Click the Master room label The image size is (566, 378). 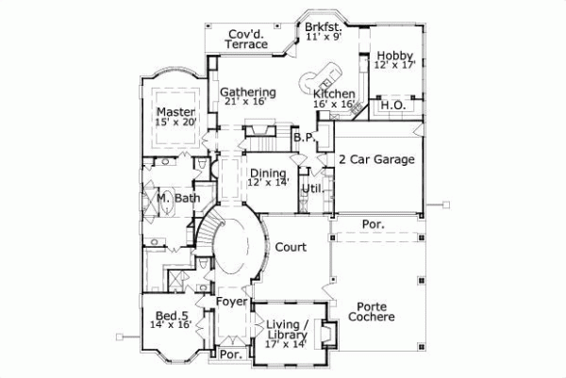pos(176,111)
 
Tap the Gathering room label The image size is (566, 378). pos(248,92)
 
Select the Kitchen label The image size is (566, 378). pos(335,94)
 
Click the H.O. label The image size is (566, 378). pos(392,106)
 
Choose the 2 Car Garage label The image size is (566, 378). pos(376,160)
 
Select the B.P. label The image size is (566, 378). pos(303,138)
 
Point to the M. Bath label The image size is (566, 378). pos(178,199)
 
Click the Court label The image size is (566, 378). pos(291,248)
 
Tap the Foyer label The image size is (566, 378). pos(232,302)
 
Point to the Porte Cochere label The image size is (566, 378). pos(375,312)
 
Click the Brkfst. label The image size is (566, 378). pos(324,28)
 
